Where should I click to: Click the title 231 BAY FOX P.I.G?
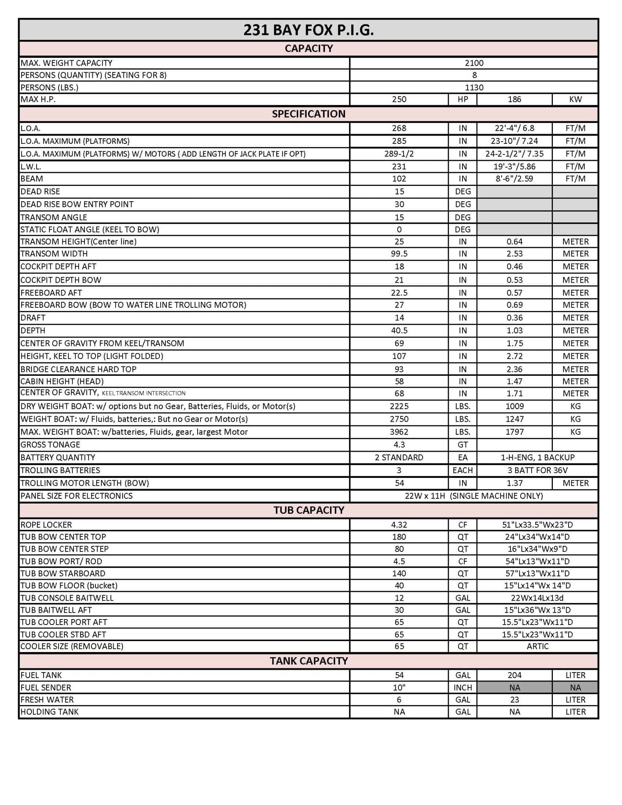point(308,30)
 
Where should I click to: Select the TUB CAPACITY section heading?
point(308,510)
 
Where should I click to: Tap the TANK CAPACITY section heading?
point(308,661)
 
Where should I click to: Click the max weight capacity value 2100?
point(474,63)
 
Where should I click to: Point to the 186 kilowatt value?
point(514,99)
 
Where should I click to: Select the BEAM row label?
point(32,178)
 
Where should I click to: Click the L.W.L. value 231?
point(399,166)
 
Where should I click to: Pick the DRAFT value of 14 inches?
point(399,318)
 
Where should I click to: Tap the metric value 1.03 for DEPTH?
point(514,330)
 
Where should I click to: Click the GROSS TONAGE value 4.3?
point(399,445)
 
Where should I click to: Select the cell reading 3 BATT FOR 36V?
point(537,470)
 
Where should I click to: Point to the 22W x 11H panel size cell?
point(474,496)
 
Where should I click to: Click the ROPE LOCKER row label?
point(46,525)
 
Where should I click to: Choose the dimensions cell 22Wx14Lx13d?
point(537,598)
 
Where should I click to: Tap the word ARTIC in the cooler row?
point(537,646)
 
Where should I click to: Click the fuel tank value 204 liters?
point(514,675)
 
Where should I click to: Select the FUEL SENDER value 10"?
point(399,687)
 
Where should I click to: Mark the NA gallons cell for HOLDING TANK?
point(399,711)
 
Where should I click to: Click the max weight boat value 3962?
point(399,432)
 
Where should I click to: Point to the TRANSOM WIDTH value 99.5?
point(399,254)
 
